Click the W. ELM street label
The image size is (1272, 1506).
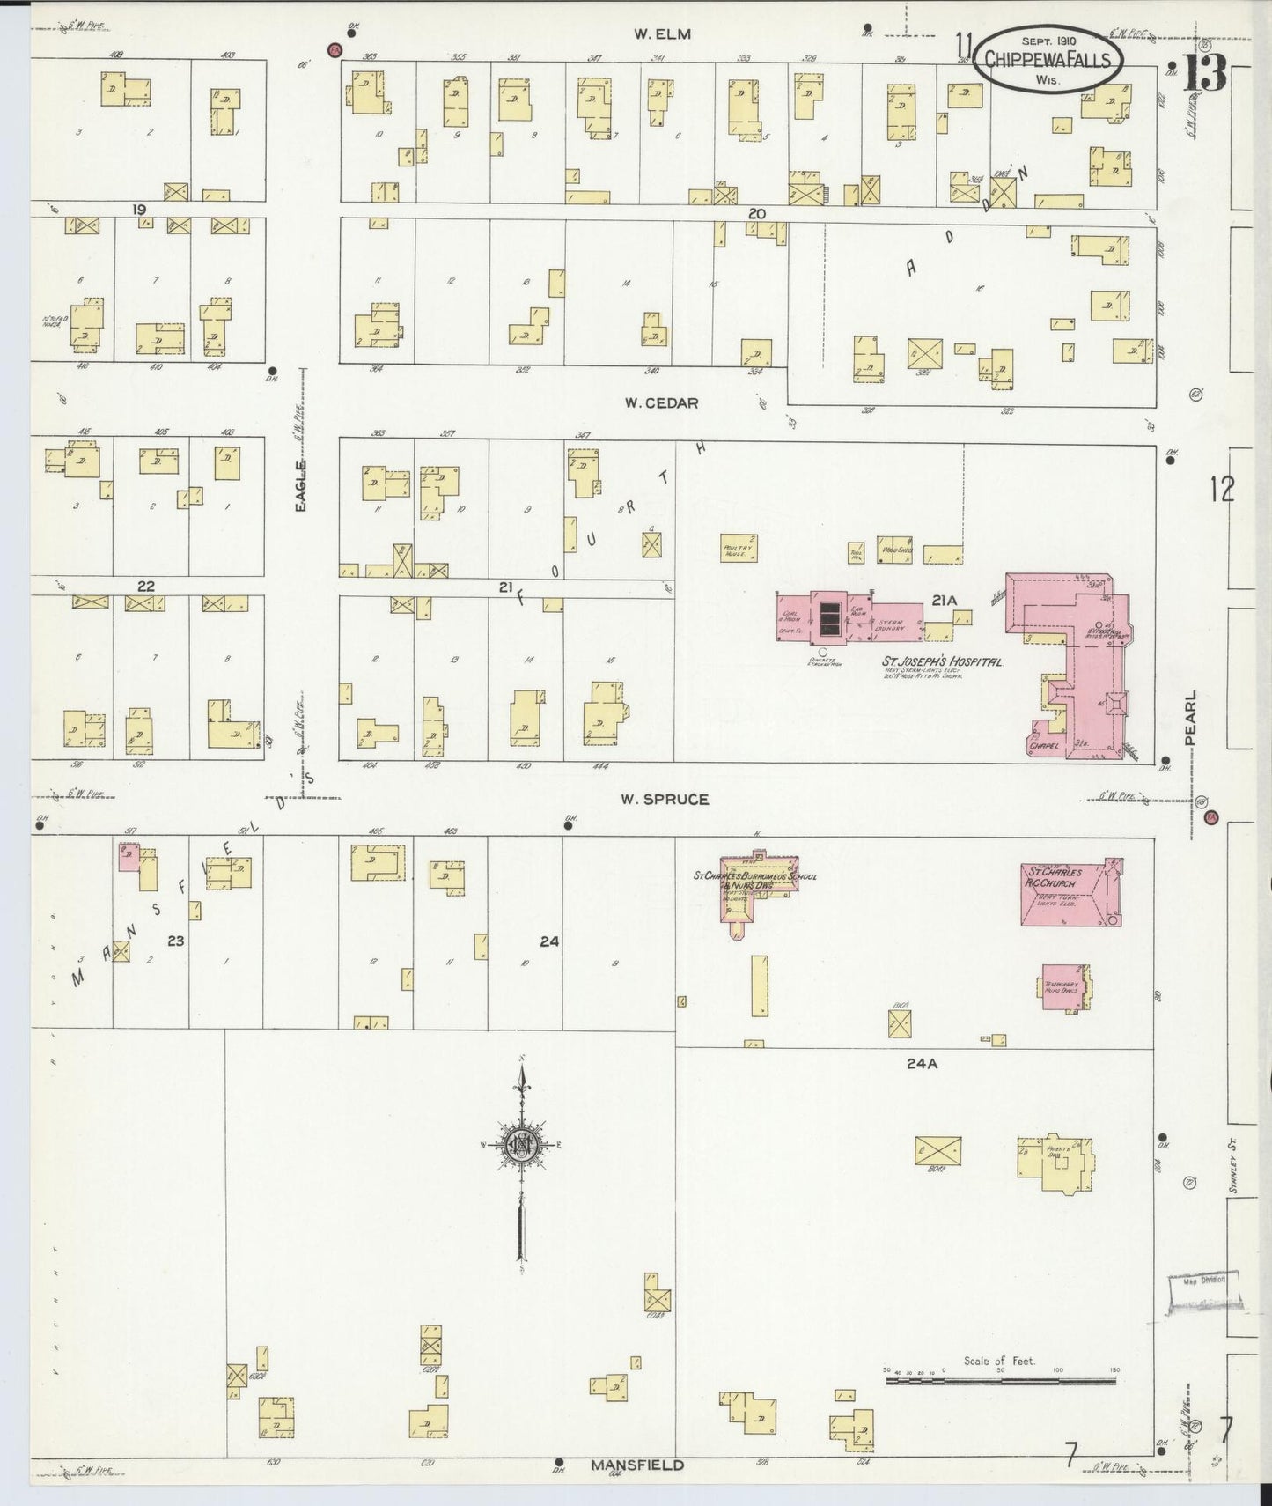[x=663, y=34]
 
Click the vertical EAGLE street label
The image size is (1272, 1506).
[x=300, y=487]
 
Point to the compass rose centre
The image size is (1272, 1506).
[x=521, y=1144]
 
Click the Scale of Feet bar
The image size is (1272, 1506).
[x=999, y=1380]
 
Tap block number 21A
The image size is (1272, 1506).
[x=944, y=601]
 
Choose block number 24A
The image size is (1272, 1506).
[x=922, y=1064]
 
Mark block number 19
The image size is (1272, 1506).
[x=139, y=210]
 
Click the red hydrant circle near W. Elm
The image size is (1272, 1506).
[x=335, y=50]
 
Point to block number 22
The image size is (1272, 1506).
[x=146, y=586]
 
